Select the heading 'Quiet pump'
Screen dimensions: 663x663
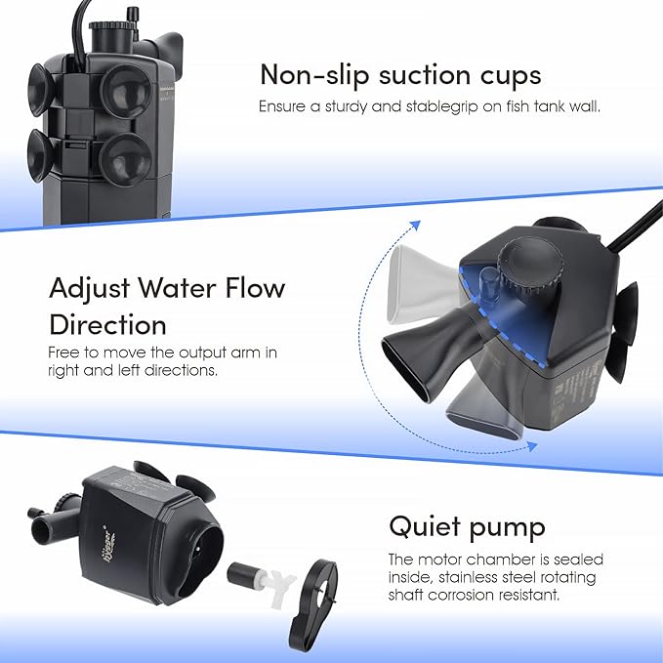[x=467, y=527]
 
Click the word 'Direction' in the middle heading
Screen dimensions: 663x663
[x=107, y=323]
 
